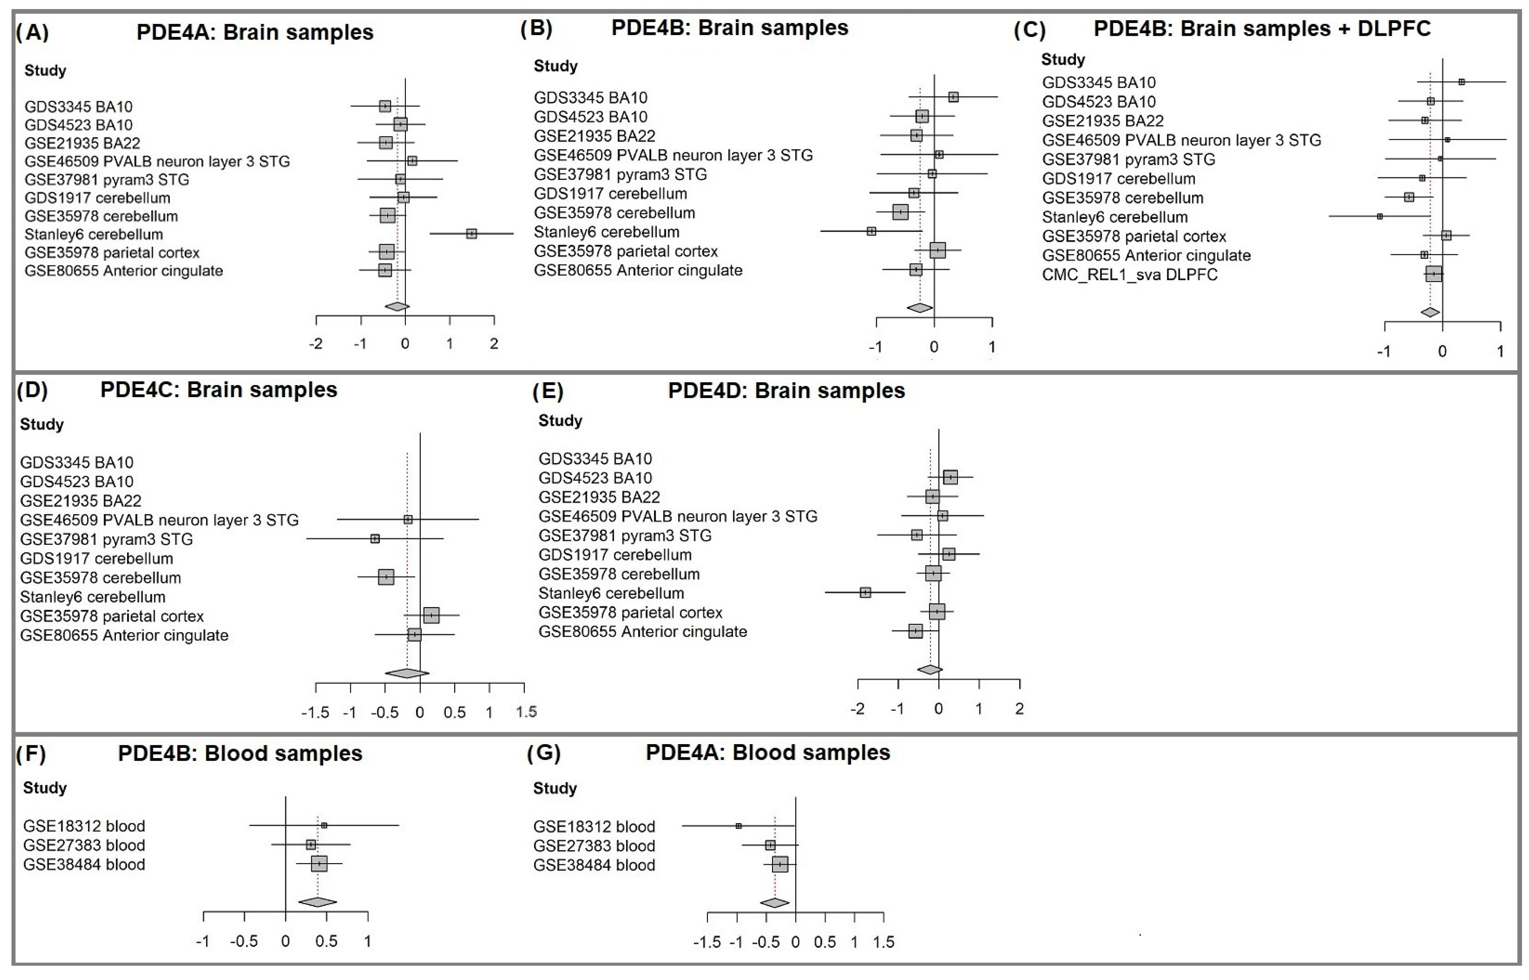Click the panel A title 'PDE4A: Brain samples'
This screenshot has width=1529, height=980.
coord(255,32)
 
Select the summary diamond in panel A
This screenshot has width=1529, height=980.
coord(397,307)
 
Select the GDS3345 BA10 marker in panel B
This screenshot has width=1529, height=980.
coord(953,97)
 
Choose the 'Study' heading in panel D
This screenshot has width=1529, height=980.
coord(42,424)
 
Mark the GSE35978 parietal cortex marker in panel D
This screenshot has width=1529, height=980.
coord(432,615)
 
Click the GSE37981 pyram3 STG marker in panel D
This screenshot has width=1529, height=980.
coord(375,539)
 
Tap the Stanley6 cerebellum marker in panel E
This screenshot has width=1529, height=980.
coord(865,592)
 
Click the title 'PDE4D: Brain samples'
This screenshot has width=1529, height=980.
coord(786,391)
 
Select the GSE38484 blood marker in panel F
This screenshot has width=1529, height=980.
coord(319,863)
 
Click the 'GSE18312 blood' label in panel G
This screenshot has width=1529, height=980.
coord(594,827)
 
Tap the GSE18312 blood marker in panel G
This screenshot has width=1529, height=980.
coord(739,826)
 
